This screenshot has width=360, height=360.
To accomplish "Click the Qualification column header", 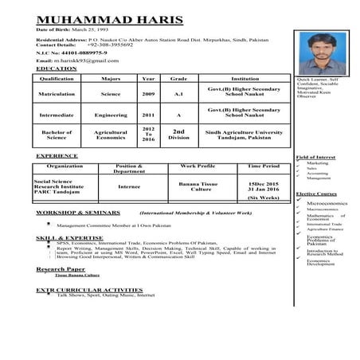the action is pos(57,79).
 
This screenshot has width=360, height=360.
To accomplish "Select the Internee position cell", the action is pos(129,186).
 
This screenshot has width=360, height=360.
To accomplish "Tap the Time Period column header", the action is pos(264,166).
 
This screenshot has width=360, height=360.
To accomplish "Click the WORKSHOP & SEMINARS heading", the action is pos(76,213).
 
